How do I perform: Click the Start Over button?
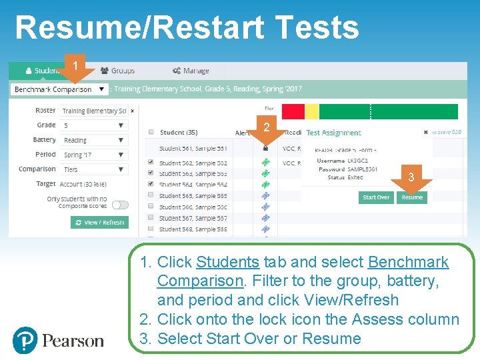[376, 197]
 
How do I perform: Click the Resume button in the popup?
[412, 197]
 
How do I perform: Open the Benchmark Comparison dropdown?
[59, 89]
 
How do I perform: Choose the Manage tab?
[191, 71]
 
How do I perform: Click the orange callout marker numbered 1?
[76, 67]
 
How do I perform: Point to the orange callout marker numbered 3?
[411, 178]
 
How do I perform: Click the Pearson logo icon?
[25, 340]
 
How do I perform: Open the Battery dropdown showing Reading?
[93, 140]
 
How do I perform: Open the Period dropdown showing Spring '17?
[93, 155]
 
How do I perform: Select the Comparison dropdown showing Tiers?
[93, 169]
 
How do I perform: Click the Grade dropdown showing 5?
[93, 125]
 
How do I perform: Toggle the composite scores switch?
[120, 205]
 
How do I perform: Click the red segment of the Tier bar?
[293, 111]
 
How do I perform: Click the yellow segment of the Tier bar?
[312, 111]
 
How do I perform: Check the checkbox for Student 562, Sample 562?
[151, 163]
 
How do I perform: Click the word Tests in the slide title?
[316, 29]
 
